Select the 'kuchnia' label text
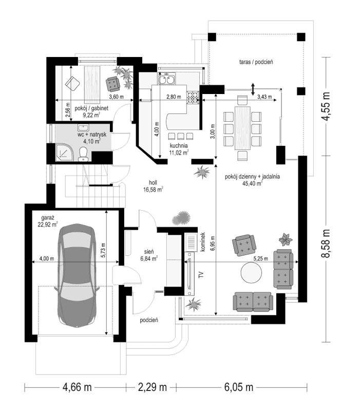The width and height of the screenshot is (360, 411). [178, 145]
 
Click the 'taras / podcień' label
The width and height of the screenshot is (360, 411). [255, 62]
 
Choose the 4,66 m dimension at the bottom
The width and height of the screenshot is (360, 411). [78, 386]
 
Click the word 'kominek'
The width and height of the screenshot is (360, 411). [203, 241]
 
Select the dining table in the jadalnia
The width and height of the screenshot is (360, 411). [242, 127]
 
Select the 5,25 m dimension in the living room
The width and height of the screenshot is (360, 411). [261, 259]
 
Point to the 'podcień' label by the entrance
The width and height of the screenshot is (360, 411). [148, 320]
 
